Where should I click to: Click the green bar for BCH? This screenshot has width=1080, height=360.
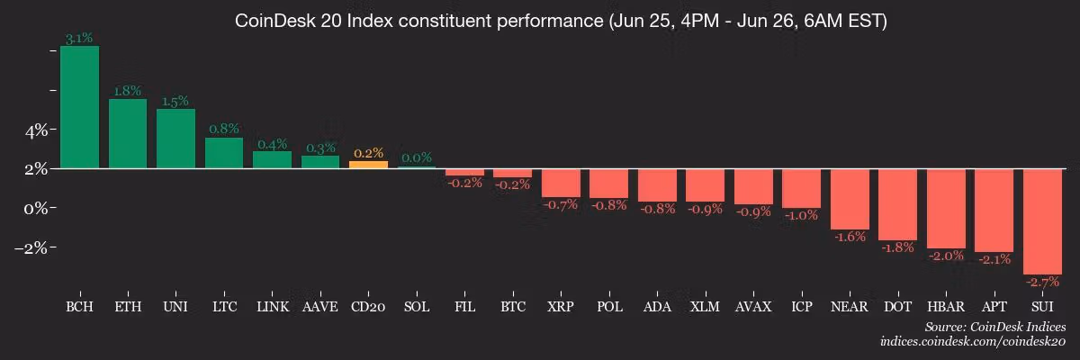click(79, 107)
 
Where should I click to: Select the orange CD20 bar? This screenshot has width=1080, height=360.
click(368, 165)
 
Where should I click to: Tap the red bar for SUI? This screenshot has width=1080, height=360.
click(1041, 220)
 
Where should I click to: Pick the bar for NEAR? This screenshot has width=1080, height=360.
click(850, 199)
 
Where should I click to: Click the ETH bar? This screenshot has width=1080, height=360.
click(128, 133)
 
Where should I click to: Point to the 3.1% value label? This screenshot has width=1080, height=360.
click(79, 39)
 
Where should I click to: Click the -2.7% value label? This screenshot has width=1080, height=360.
click(1041, 282)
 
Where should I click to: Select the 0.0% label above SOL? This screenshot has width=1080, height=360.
click(417, 158)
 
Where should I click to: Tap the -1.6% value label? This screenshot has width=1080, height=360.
click(850, 237)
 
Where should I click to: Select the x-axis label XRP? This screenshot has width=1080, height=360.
click(561, 307)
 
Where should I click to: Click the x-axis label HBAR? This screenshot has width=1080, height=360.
click(945, 307)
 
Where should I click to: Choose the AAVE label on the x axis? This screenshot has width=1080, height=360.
click(320, 307)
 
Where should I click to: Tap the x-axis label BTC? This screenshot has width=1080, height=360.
click(513, 307)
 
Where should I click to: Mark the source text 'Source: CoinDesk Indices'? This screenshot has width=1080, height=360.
click(994, 327)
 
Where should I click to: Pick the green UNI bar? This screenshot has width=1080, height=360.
click(175, 139)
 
